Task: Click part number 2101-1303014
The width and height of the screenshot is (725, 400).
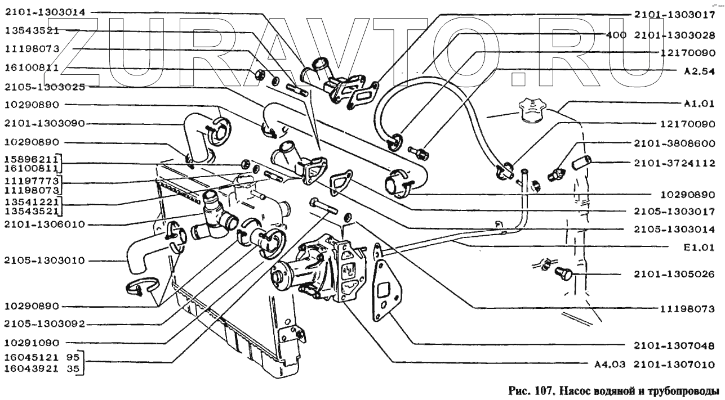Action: click(45, 12)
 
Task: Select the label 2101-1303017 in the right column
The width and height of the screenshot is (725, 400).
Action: click(674, 15)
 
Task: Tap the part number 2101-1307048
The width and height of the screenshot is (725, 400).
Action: click(674, 345)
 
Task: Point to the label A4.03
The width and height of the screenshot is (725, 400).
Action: click(610, 365)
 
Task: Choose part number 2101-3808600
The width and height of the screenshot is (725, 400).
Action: click(674, 143)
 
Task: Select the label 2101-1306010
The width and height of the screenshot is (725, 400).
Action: click(45, 224)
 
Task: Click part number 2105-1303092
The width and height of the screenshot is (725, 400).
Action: click(45, 323)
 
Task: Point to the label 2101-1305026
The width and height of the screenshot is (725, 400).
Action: click(674, 274)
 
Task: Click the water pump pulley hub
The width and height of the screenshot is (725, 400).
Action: click(278, 275)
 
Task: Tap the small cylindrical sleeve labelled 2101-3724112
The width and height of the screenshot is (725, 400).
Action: click(581, 163)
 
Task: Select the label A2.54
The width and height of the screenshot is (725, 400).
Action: click(699, 71)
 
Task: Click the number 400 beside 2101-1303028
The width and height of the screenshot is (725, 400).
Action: click(616, 35)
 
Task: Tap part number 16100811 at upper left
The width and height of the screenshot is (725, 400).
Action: click(32, 68)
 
